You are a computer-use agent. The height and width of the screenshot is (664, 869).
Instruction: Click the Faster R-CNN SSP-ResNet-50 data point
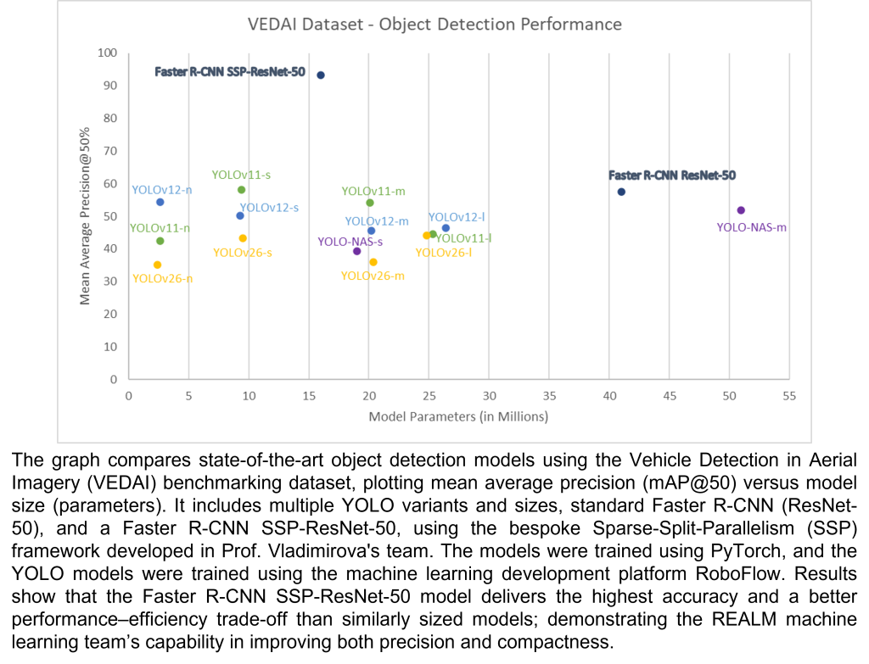[321, 75]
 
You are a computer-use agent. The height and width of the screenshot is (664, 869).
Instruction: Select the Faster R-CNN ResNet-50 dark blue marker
[621, 192]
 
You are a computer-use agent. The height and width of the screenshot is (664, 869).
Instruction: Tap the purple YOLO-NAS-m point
[741, 210]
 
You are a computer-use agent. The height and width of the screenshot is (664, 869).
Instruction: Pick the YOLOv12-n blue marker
[160, 202]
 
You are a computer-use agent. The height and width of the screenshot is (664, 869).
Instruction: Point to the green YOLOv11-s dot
[241, 190]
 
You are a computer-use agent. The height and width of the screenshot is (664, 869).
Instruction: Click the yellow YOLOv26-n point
[157, 265]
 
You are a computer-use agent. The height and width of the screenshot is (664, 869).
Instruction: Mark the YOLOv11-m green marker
[370, 203]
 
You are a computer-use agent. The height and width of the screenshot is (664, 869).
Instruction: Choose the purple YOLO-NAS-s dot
[356, 251]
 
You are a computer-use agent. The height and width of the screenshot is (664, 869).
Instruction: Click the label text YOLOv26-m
[373, 276]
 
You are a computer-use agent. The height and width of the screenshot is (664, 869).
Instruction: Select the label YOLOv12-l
[457, 218]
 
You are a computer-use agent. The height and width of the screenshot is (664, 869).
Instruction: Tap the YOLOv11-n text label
[160, 228]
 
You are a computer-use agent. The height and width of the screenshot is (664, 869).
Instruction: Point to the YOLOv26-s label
[243, 253]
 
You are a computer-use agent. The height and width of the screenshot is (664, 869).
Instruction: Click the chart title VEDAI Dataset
[434, 24]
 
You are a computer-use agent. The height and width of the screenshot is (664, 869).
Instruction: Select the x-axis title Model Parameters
[458, 417]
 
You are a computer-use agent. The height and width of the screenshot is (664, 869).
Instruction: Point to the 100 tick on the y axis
[107, 53]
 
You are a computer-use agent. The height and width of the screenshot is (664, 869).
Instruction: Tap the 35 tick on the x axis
[548, 395]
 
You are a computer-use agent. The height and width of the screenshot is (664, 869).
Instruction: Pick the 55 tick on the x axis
[789, 395]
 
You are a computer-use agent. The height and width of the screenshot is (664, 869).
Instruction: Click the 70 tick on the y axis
[109, 151]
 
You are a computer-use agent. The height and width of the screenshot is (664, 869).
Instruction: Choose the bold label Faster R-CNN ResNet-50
[672, 176]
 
